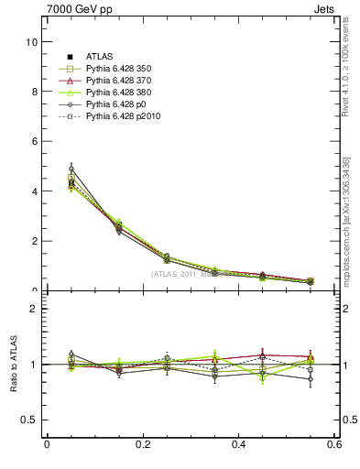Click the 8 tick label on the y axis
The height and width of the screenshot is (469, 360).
point(34,92)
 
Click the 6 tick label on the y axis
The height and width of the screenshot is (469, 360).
point(34,141)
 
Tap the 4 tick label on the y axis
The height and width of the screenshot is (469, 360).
point(34,191)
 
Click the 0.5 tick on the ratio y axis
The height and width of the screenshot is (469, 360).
point(30,420)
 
